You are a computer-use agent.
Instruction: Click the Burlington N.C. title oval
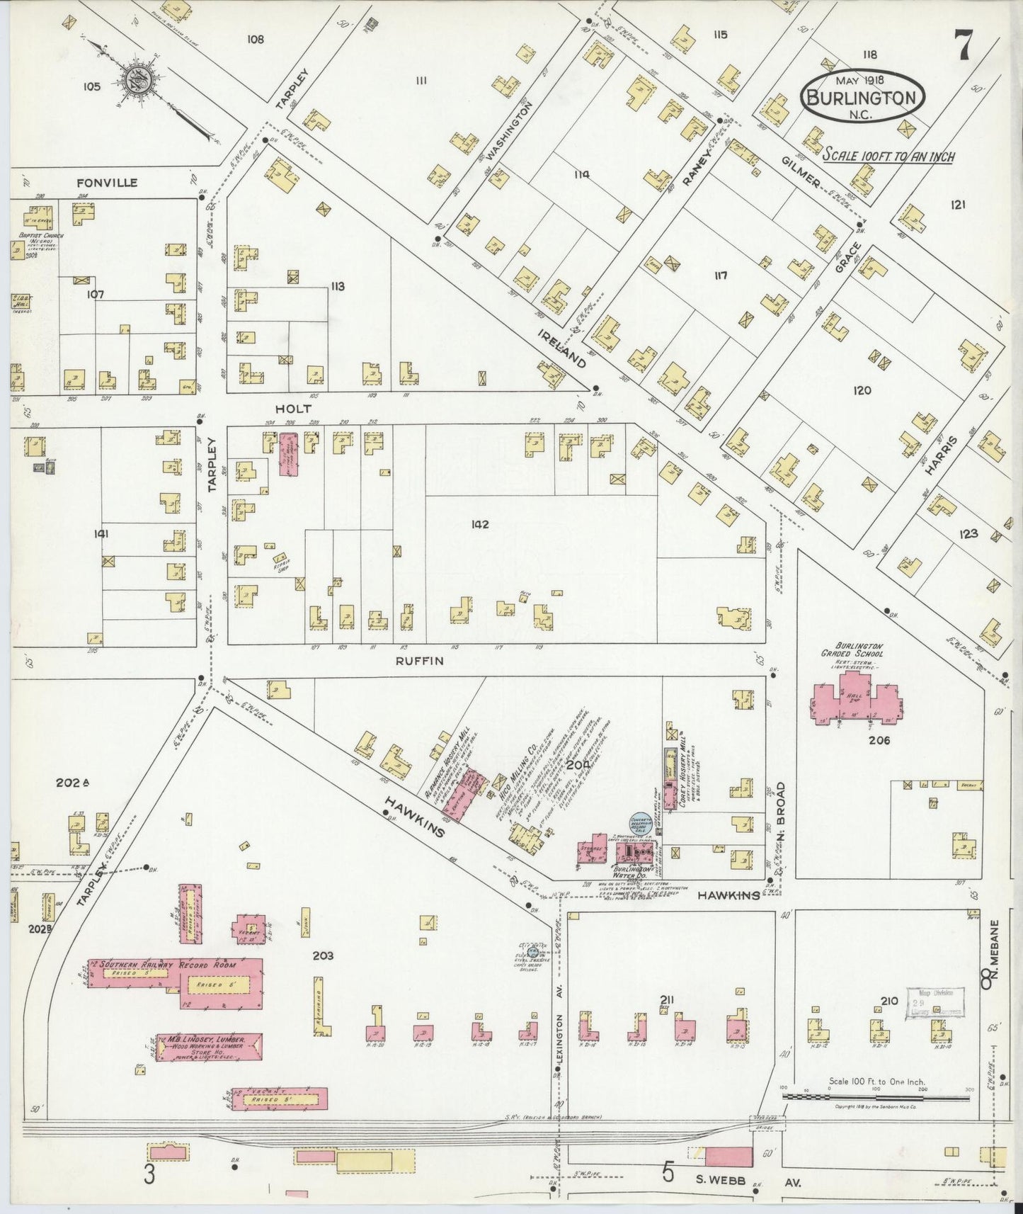coord(864,97)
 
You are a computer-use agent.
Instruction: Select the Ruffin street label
coord(419,661)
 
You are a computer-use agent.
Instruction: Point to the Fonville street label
coord(106,183)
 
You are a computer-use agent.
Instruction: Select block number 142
coord(480,525)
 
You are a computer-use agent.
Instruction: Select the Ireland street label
coord(561,348)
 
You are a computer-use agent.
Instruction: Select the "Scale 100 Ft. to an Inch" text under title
coord(888,155)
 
